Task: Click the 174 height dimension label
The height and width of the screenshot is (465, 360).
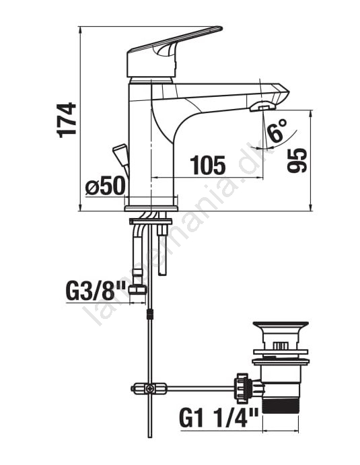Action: coord(66,120)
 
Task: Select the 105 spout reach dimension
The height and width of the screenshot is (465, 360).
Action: coord(208,165)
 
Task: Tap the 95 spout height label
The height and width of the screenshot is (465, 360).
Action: coord(297,160)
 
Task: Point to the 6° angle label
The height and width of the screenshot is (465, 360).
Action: coord(277,131)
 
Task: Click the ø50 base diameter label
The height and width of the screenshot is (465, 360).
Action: coord(105,186)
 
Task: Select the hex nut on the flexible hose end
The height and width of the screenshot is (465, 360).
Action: coord(138,289)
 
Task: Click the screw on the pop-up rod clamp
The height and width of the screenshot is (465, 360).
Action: coord(150,388)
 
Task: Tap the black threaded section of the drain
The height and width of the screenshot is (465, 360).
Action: coord(280,404)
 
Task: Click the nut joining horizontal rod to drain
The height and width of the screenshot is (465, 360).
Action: coord(242,388)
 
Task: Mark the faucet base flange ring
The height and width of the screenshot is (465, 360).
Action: coord(151,208)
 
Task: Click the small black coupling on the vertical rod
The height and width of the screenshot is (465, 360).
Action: coord(151,314)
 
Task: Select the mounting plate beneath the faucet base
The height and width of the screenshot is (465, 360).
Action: coord(151,221)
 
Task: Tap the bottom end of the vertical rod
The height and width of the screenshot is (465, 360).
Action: coord(151,437)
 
